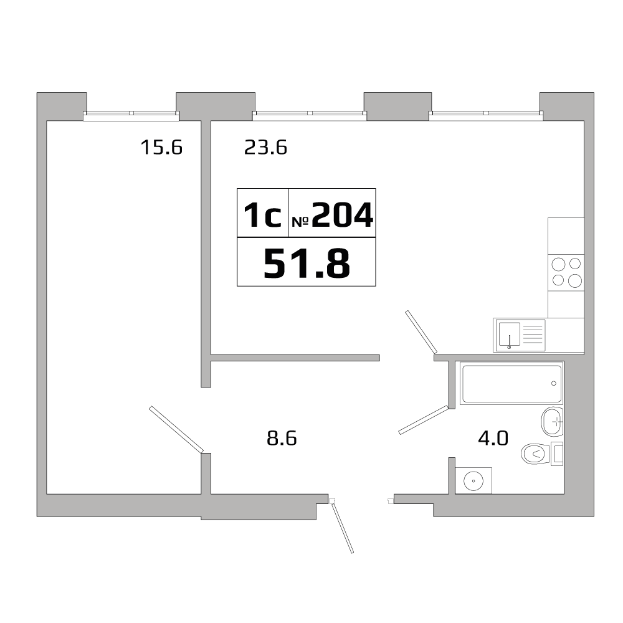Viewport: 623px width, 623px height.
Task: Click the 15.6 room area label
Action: [161, 148]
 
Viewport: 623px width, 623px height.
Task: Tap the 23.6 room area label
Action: [265, 148]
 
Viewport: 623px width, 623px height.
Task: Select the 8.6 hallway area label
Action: [281, 439]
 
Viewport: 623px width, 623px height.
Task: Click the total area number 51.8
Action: [307, 263]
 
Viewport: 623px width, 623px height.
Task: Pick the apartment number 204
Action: [342, 216]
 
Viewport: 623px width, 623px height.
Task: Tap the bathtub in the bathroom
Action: [511, 384]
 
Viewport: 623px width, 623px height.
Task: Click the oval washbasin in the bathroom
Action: [552, 422]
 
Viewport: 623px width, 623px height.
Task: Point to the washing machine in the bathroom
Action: [473, 480]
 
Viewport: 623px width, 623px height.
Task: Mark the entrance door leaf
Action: [343, 528]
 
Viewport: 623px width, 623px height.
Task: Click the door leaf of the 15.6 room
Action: [176, 429]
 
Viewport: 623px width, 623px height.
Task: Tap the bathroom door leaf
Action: [424, 420]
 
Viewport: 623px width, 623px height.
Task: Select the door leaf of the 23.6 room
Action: [421, 331]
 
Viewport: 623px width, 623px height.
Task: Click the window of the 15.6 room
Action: [131, 114]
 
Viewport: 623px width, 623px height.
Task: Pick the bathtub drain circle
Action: [554, 383]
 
